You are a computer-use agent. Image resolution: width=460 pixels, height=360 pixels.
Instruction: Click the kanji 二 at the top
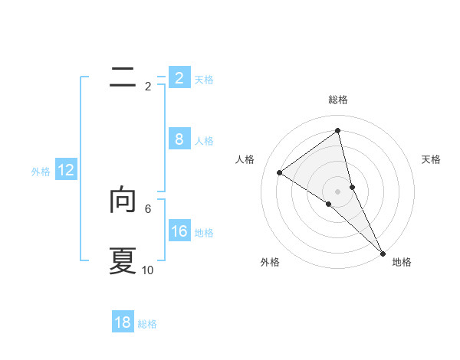[123, 77]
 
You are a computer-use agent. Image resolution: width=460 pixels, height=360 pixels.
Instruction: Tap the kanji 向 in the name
[123, 199]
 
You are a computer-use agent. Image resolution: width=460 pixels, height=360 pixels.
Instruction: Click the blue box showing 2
[179, 77]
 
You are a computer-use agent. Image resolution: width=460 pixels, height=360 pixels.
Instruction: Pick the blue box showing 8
[179, 139]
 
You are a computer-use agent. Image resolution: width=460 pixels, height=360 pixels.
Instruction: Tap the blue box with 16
[179, 231]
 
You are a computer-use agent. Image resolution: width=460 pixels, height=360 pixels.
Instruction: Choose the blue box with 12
[66, 170]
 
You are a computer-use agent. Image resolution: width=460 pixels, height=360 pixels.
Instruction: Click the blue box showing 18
[123, 322]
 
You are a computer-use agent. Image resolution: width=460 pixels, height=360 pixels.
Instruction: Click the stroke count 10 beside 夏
[148, 270]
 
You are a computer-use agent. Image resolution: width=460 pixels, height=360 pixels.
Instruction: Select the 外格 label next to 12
[41, 172]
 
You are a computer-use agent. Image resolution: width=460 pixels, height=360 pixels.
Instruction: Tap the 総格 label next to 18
[147, 324]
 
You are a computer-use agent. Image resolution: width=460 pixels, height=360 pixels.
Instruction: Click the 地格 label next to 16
[204, 233]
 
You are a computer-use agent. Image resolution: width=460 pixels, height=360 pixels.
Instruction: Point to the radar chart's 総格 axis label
[338, 100]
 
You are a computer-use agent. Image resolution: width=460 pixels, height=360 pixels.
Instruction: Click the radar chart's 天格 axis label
[432, 159]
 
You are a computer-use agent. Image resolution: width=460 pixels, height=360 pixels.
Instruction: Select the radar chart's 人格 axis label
[245, 159]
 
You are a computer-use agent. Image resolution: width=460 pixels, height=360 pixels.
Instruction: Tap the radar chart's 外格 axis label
[270, 262]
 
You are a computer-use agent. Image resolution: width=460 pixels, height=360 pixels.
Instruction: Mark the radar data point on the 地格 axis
[382, 252]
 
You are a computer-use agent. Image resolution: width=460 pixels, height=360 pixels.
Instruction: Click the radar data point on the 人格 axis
[279, 172]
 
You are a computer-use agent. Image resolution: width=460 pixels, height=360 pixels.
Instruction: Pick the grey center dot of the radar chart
[337, 191]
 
